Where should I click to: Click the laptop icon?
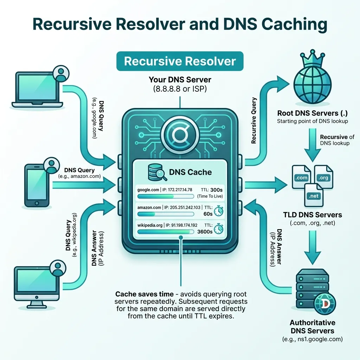pyautogui.click(x=37, y=90)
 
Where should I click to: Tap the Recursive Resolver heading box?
pyautogui.click(x=180, y=61)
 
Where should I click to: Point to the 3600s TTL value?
pyautogui.click(x=205, y=232)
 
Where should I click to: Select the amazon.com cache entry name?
pyautogui.click(x=149, y=207)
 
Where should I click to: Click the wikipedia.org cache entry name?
pyautogui.click(x=150, y=225)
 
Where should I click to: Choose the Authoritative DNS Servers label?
pyautogui.click(x=312, y=327)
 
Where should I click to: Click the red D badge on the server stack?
pyautogui.click(x=326, y=303)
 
